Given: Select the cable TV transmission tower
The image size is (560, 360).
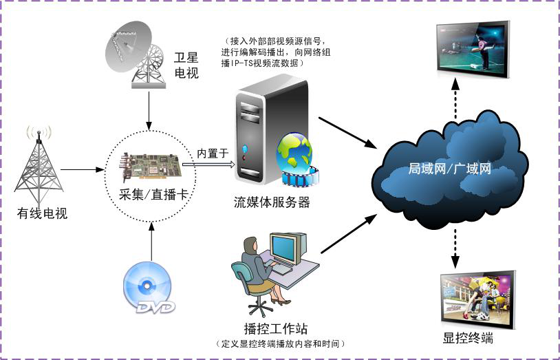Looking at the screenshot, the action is tap(39, 166).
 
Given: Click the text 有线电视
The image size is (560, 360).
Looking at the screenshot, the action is tap(42, 213).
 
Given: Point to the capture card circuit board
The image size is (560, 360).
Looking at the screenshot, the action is tap(150, 167).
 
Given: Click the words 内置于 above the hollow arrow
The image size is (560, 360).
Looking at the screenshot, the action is tap(213, 153).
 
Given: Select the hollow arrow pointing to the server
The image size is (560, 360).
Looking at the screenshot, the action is tap(208, 165).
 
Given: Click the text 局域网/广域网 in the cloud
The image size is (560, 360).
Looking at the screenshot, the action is tap(450, 169).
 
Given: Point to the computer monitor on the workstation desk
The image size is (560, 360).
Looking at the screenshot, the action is tap(283, 248).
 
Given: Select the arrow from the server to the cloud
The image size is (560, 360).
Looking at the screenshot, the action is tap(348, 133).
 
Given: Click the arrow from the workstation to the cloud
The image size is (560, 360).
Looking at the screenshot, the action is tap(349, 233).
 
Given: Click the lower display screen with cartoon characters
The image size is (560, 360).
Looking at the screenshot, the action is tap(478, 300).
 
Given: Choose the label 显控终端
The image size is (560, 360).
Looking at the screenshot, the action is tap(468, 338).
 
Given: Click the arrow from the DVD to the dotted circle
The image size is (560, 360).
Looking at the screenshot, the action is tap(151, 242).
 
